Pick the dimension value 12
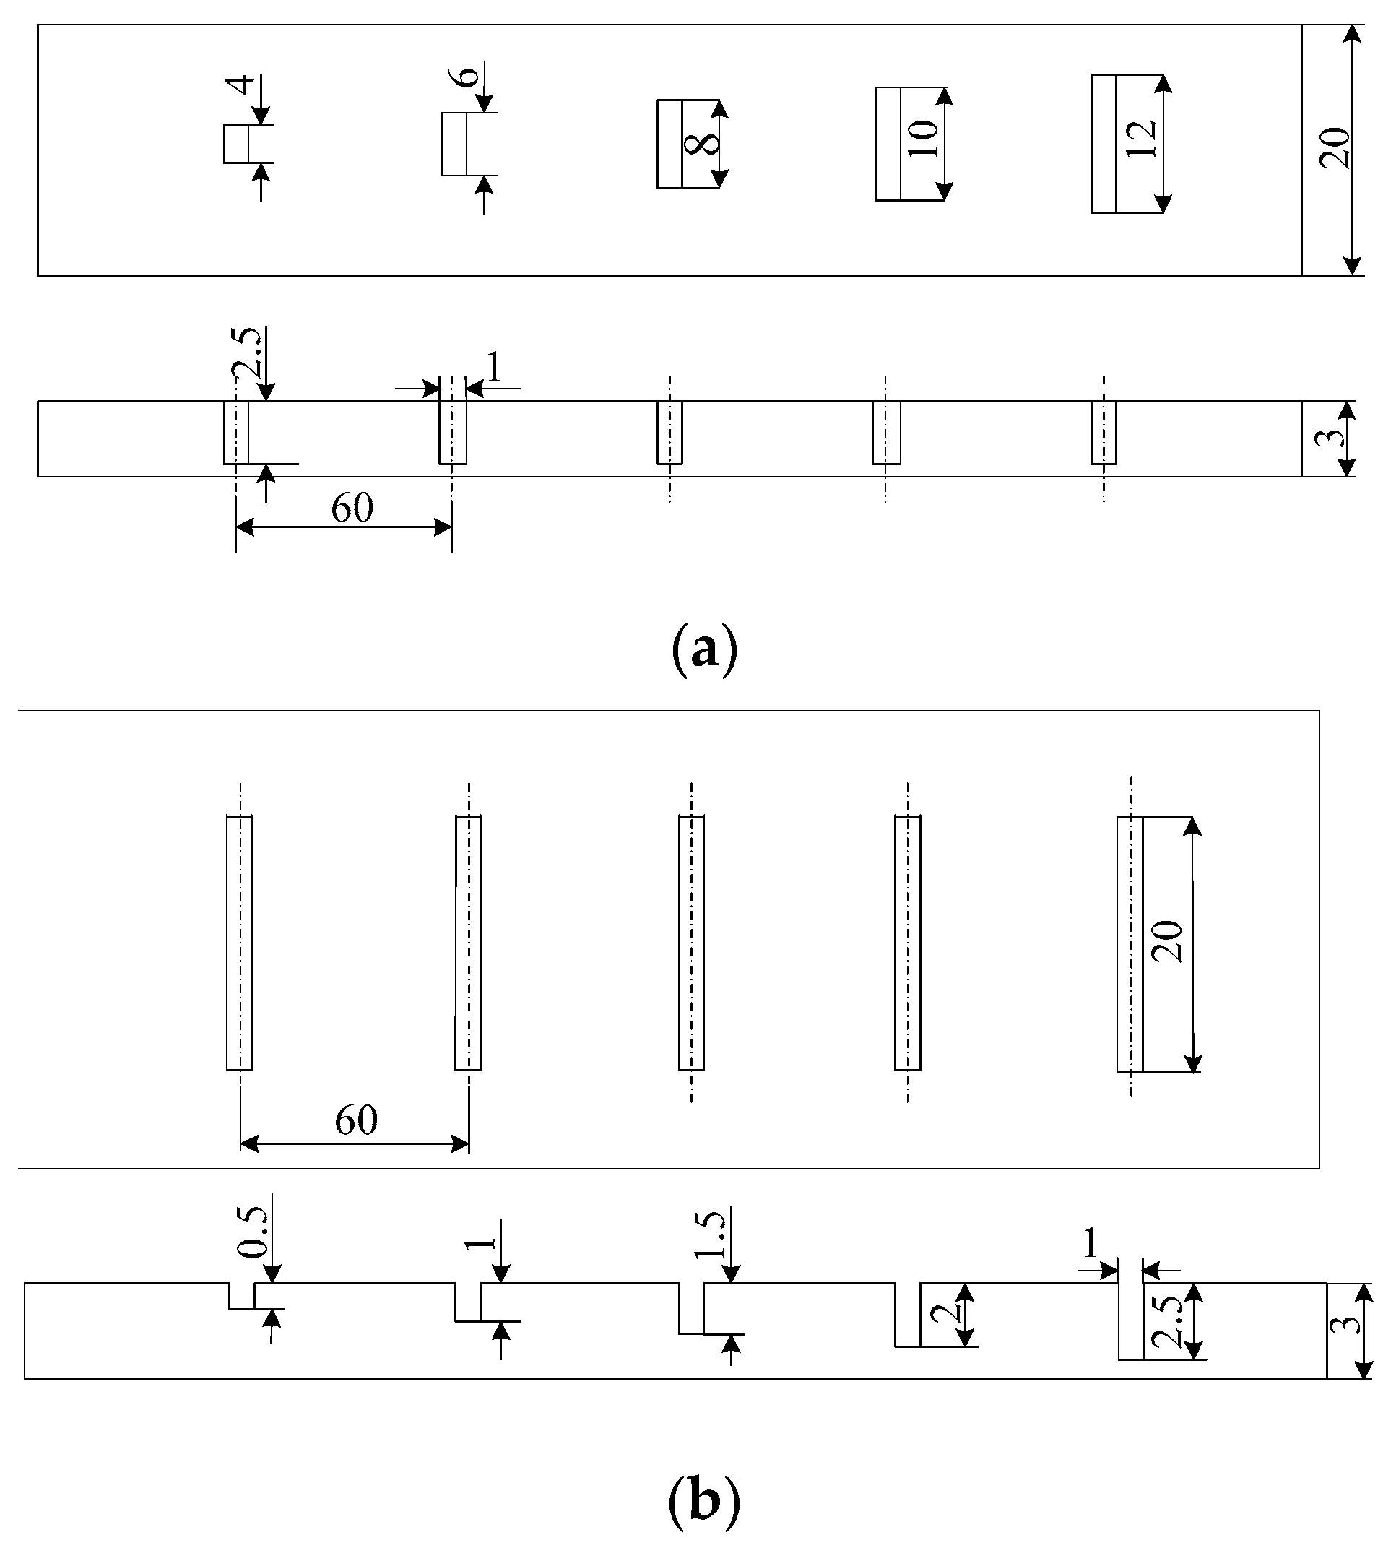[x=1143, y=138]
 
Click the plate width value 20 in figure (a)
[x=1334, y=147]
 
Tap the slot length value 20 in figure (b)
[x=1169, y=941]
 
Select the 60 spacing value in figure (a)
[x=352, y=508]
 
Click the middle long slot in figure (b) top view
[x=691, y=943]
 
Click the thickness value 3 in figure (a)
[x=1335, y=438]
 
